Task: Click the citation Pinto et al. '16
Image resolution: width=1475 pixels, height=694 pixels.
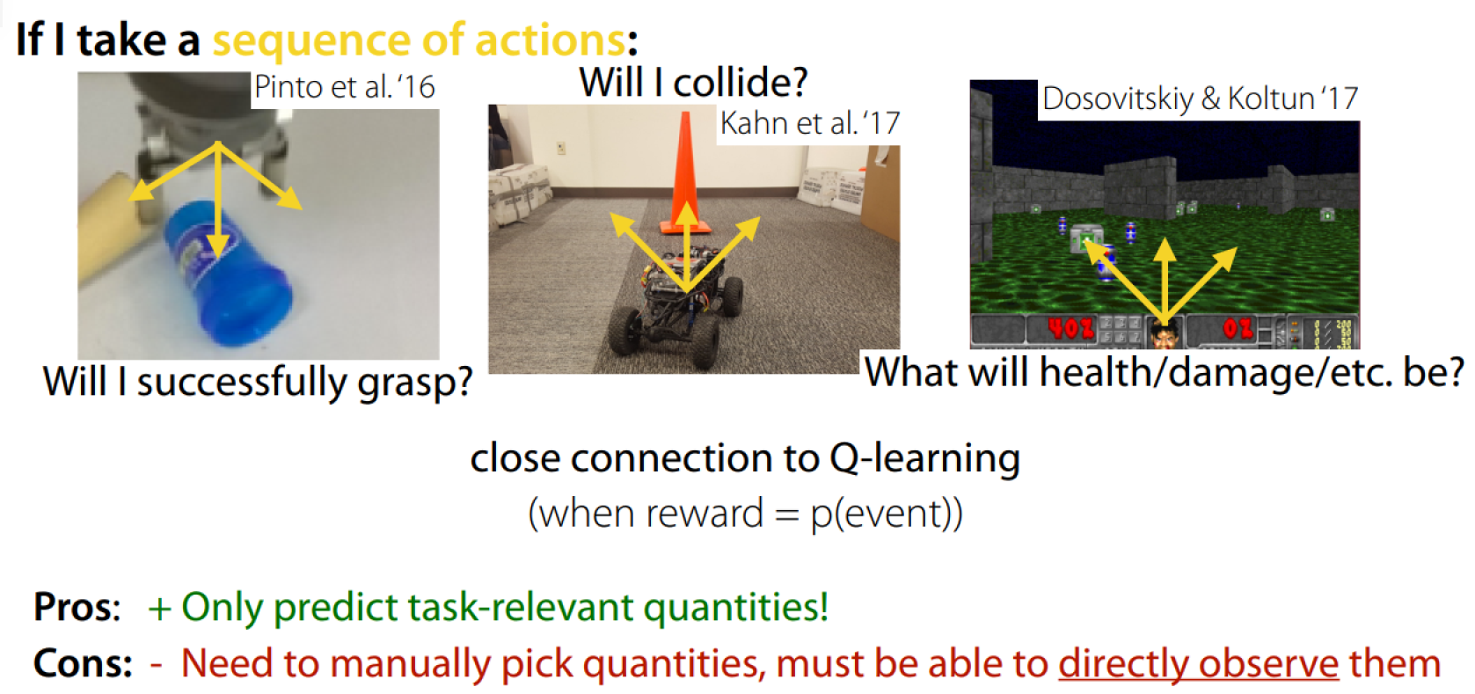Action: (x=345, y=87)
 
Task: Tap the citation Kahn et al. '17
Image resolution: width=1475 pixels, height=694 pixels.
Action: (x=810, y=123)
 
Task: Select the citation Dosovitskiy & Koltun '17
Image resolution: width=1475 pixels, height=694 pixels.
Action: (x=1201, y=99)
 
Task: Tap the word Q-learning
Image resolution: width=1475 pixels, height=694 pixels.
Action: (x=924, y=459)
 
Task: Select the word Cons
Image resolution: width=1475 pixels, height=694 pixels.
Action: (x=83, y=663)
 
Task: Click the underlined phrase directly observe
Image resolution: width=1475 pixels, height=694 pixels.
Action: (x=1199, y=664)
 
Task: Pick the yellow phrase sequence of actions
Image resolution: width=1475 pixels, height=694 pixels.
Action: (x=419, y=40)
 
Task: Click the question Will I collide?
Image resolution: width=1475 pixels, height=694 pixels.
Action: (x=693, y=83)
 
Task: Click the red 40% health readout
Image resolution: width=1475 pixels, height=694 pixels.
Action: (x=1070, y=328)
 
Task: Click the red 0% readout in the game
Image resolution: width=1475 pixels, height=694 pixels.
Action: (x=1238, y=328)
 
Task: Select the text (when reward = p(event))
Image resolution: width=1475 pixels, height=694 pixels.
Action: (x=745, y=515)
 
